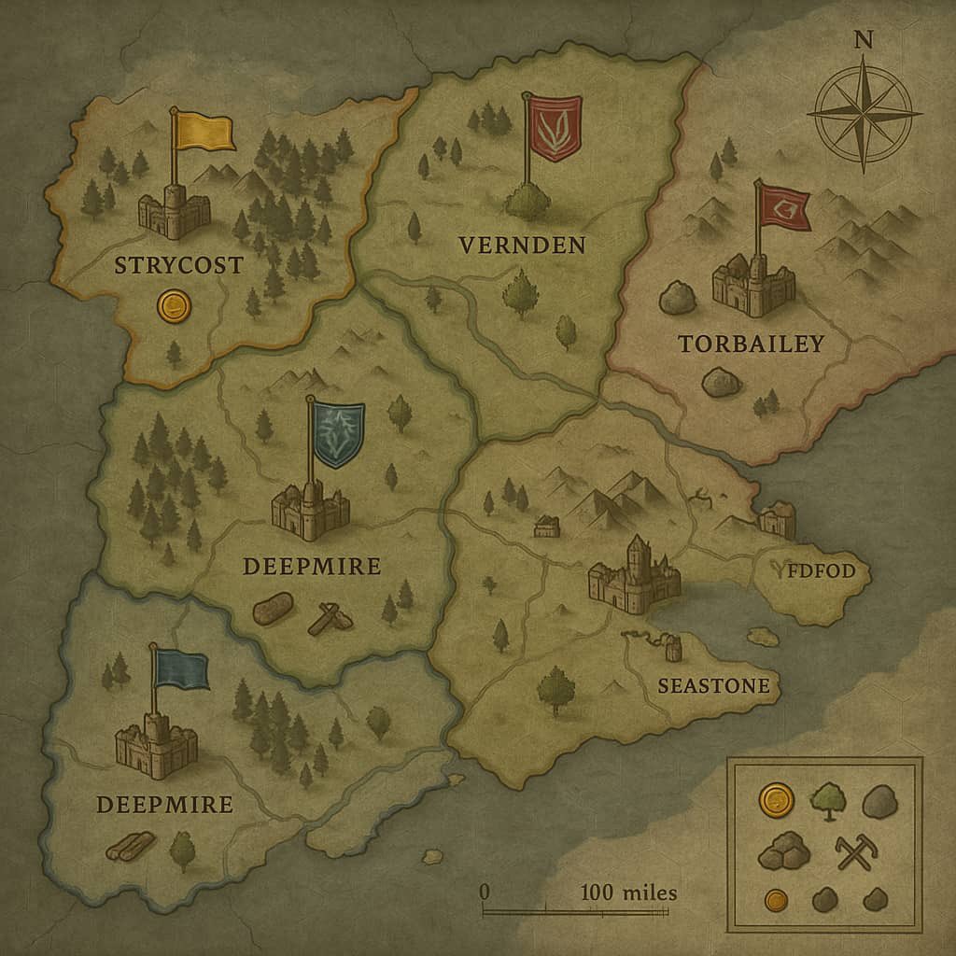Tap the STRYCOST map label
177,265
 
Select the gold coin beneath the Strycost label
173,305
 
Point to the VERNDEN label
522,246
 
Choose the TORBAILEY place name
751,344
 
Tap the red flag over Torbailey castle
784,206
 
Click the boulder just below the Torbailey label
721,382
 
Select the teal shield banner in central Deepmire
338,433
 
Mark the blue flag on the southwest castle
182,669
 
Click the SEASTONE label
713,686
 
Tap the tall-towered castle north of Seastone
634,575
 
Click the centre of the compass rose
864,112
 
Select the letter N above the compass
864,39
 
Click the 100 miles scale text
628,893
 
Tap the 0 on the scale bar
484,892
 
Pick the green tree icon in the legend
827,800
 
